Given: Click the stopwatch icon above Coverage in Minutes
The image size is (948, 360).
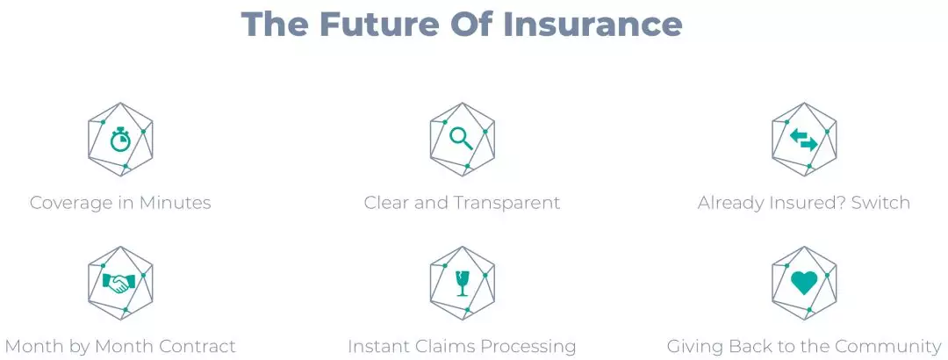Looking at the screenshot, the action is pyautogui.click(x=119, y=139).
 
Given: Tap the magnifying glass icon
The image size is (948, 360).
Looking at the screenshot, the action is pyautogui.click(x=462, y=139).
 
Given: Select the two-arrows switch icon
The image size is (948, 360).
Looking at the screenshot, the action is pyautogui.click(x=803, y=139).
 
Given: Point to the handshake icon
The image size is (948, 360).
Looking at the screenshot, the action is pyautogui.click(x=119, y=283).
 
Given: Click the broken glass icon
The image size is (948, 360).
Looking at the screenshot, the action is pyautogui.click(x=463, y=283).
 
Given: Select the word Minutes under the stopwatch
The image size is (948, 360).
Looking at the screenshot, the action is pyautogui.click(x=176, y=202).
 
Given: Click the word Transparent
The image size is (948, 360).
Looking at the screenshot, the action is pyautogui.click(x=509, y=203).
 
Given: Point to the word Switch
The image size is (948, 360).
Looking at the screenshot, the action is pyautogui.click(x=880, y=202).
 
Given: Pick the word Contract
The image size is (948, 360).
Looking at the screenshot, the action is pyautogui.click(x=197, y=347).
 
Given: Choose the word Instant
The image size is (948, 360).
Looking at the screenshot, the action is pyautogui.click(x=377, y=347).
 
